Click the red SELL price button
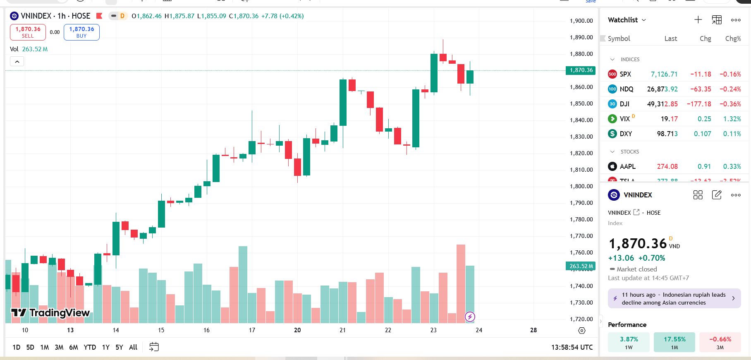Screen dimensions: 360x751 click(x=28, y=32)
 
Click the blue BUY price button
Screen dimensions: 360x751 click(x=81, y=32)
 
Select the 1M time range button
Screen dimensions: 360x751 click(x=45, y=347)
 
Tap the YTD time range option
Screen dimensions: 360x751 click(x=90, y=347)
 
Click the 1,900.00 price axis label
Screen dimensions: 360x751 click(x=581, y=21)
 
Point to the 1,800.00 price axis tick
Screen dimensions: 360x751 click(x=581, y=186)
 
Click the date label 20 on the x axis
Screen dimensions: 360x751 click(x=297, y=330)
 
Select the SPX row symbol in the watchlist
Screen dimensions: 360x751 click(x=625, y=74)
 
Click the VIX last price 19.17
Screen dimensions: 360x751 click(x=669, y=119)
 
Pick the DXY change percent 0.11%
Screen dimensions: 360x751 click(x=732, y=134)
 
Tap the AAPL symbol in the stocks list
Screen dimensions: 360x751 click(x=627, y=167)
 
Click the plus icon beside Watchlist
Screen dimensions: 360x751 click(x=698, y=20)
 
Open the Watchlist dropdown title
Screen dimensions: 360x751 click(x=627, y=20)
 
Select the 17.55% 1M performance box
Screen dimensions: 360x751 click(x=674, y=342)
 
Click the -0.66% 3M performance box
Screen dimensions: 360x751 click(x=720, y=342)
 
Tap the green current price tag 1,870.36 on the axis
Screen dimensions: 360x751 click(x=581, y=70)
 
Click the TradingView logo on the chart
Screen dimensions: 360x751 click(x=50, y=313)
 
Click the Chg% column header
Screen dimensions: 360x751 click(x=733, y=38)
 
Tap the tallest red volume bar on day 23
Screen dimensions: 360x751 click(x=461, y=283)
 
